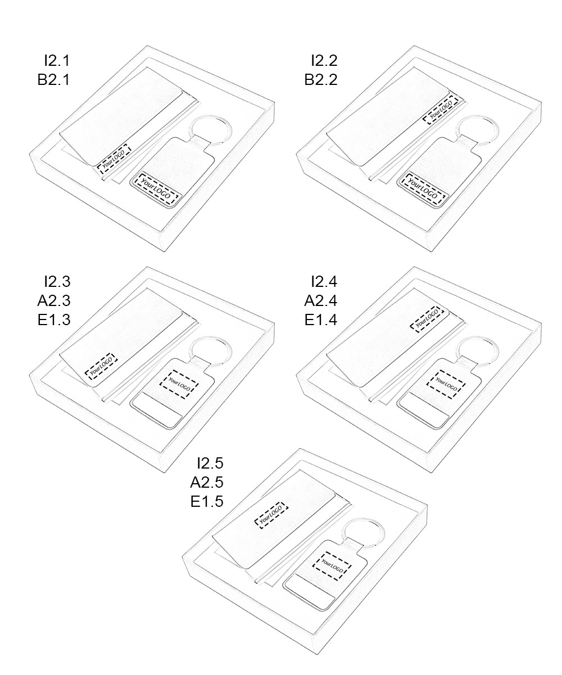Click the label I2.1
[x=57, y=60]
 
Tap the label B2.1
[x=53, y=79]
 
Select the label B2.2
[x=321, y=79]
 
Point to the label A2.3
[x=54, y=300]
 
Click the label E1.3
[x=54, y=319]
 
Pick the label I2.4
[x=324, y=282]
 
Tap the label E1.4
[x=321, y=319]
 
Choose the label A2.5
[x=207, y=482]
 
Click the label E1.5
[x=207, y=501]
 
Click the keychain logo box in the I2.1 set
[x=156, y=189]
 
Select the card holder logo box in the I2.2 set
[x=441, y=109]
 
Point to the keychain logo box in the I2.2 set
[x=423, y=189]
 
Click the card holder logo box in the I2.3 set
[x=101, y=367]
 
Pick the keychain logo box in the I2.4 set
[x=446, y=384]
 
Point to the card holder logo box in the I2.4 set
[x=425, y=319]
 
